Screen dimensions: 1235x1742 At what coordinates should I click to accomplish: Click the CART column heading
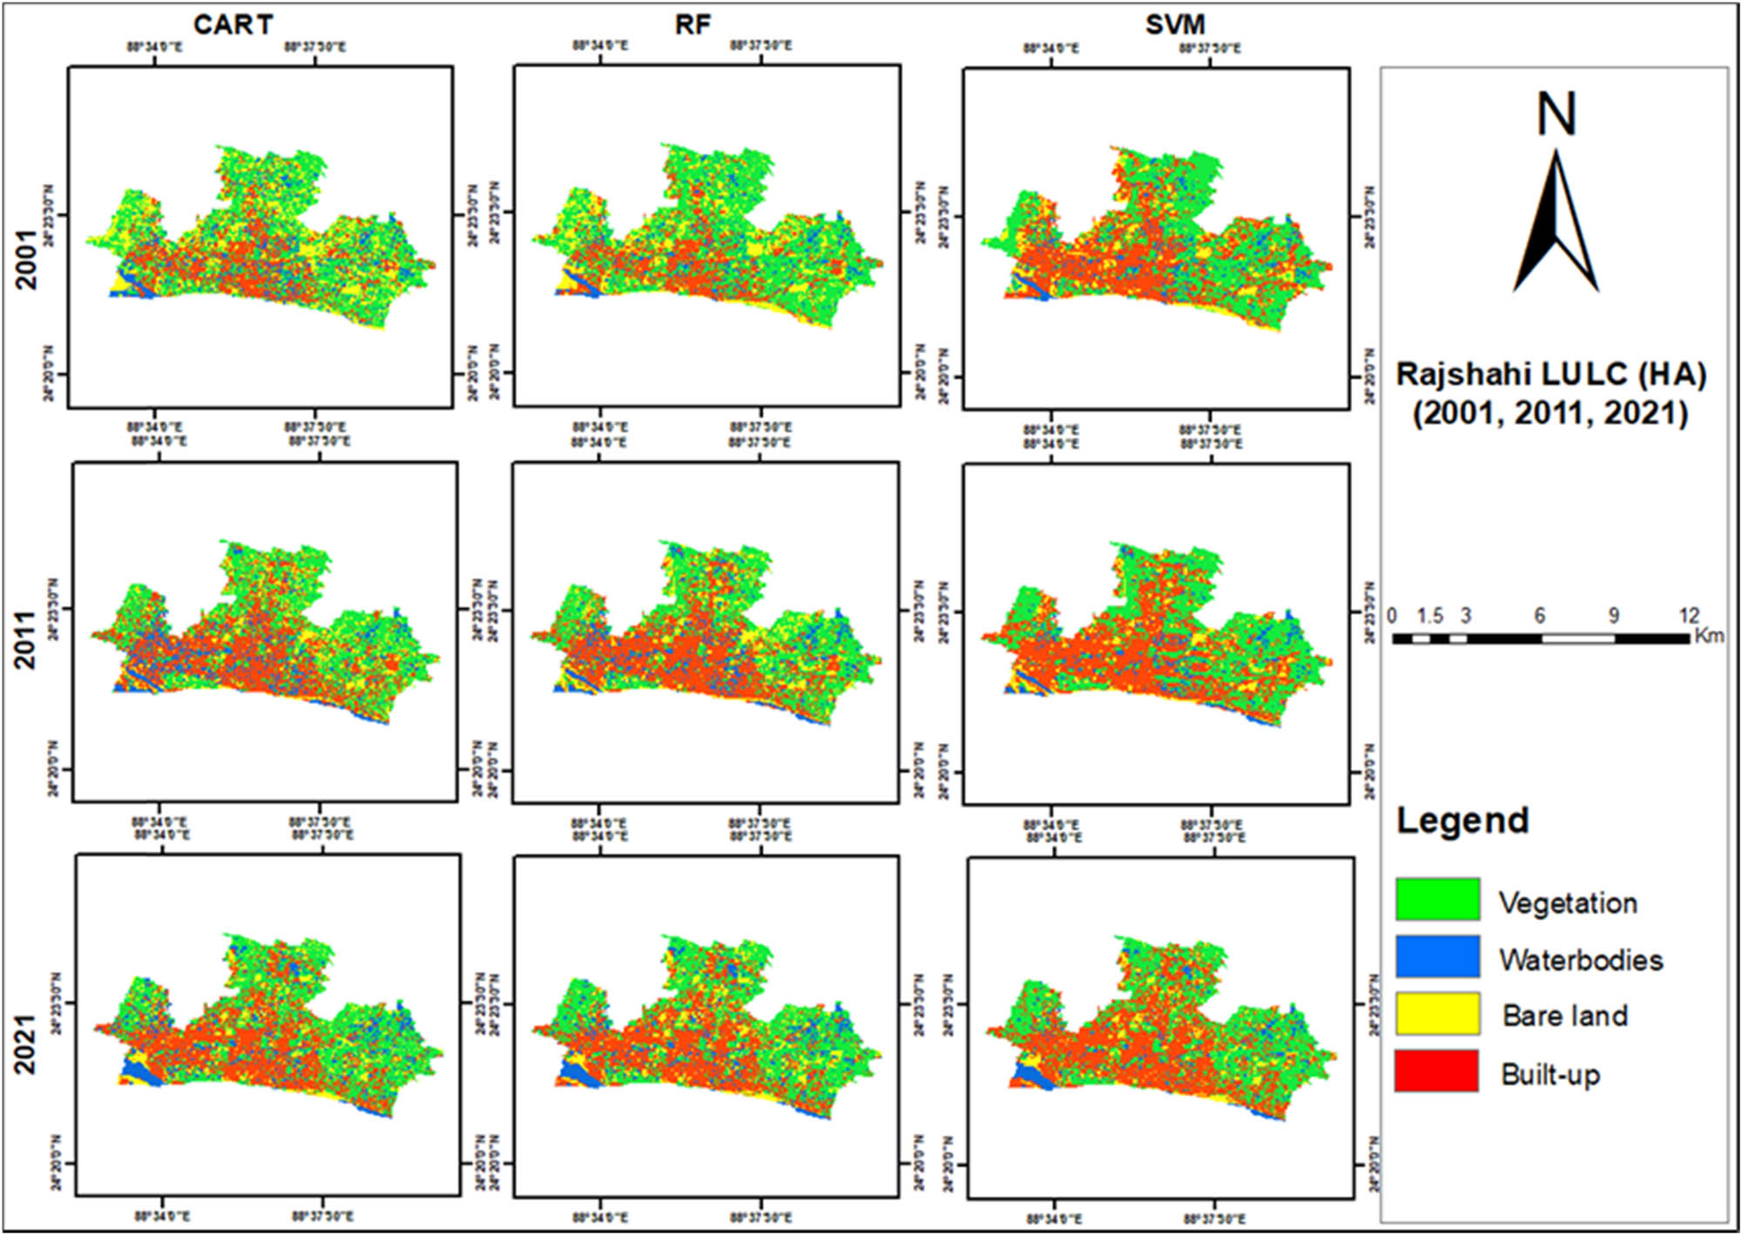tap(233, 24)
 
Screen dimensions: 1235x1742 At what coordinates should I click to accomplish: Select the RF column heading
tap(692, 24)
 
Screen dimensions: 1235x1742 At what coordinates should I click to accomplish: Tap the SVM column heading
tap(1175, 24)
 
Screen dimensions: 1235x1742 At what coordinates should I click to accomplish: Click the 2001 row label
tap(27, 260)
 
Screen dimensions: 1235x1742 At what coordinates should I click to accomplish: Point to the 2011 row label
tap(27, 640)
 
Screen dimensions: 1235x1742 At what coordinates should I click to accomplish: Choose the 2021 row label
tap(27, 1044)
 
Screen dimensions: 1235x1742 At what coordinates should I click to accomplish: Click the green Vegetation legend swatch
tap(1437, 900)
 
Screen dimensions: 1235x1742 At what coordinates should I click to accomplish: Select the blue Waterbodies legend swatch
tap(1437, 956)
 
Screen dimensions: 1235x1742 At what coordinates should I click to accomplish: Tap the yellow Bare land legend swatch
tap(1437, 1014)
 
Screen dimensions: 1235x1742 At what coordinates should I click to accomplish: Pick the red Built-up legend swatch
tap(1437, 1071)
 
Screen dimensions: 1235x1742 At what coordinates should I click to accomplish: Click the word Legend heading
tap(1462, 820)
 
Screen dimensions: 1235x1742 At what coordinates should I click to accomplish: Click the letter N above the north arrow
tap(1556, 114)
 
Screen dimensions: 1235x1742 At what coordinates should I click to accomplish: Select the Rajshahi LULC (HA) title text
tap(1550, 375)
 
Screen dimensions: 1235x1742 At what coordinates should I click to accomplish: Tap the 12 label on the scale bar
tap(1689, 616)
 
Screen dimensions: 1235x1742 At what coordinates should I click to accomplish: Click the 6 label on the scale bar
tap(1540, 616)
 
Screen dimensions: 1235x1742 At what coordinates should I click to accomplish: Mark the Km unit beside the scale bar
tap(1710, 636)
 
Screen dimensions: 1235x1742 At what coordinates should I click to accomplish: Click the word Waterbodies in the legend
tap(1581, 960)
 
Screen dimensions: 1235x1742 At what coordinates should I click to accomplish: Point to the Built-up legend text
tap(1550, 1075)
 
